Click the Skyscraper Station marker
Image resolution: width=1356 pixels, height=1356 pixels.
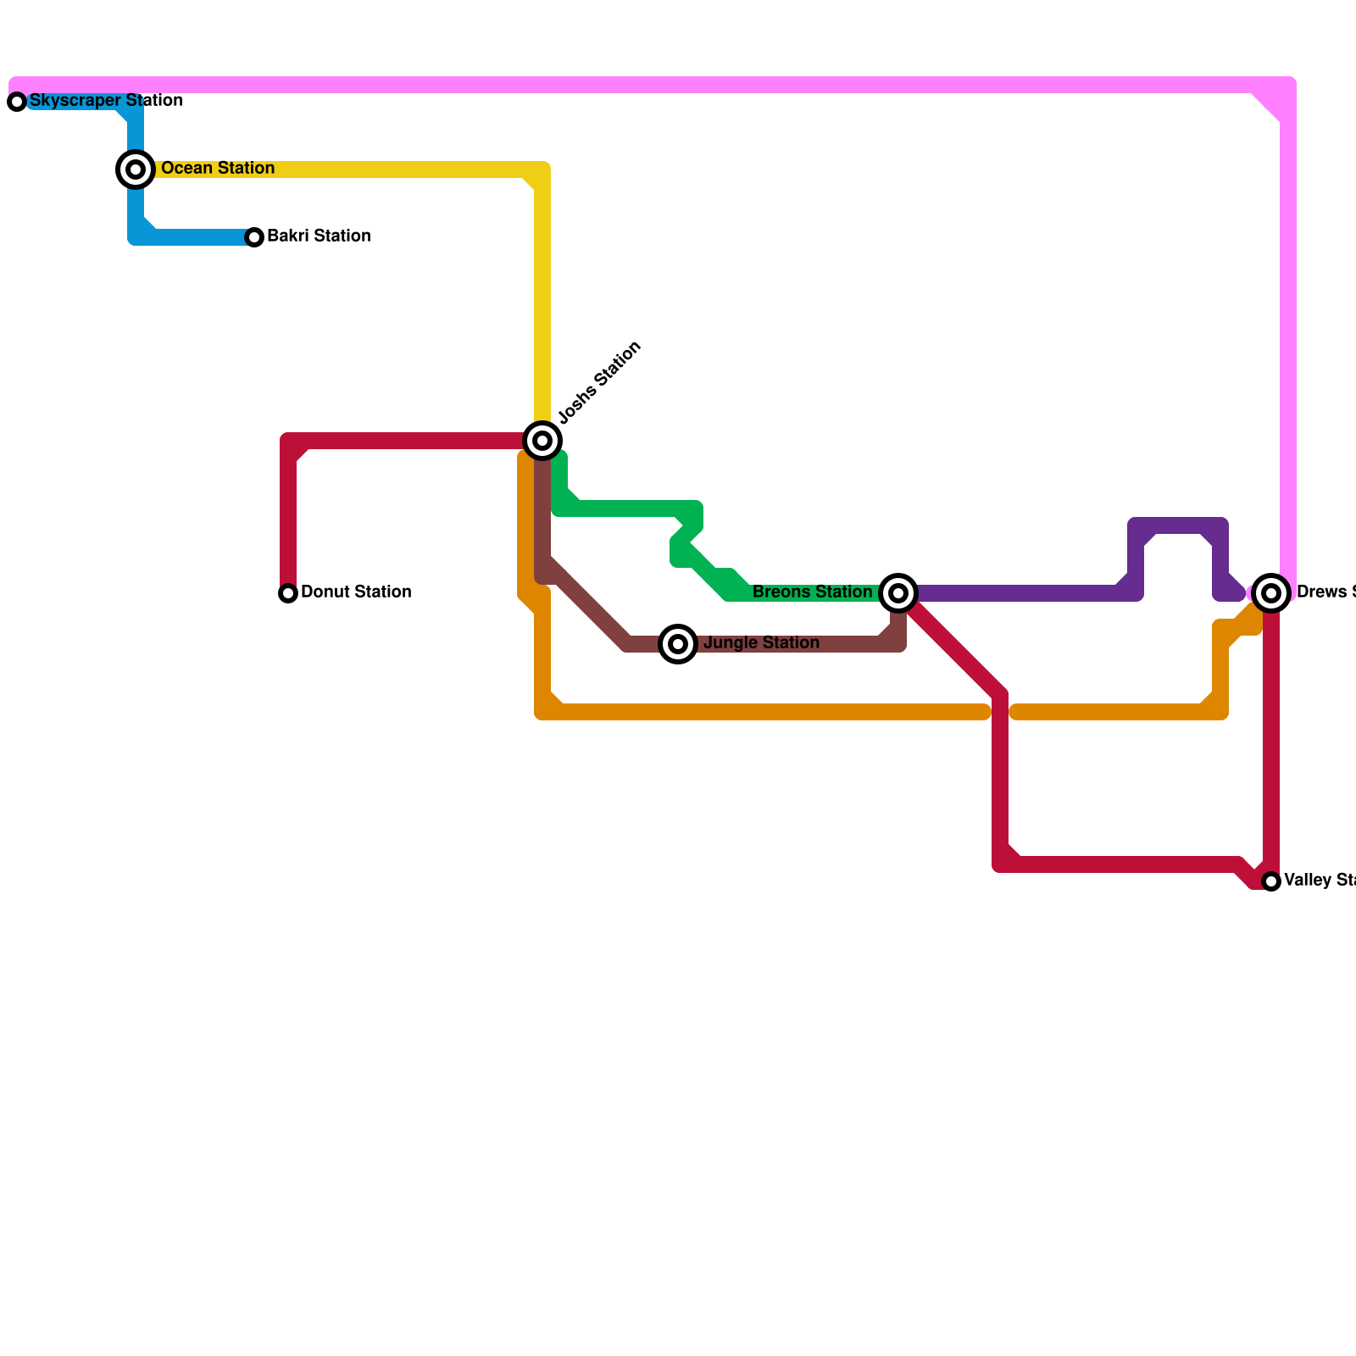[17, 102]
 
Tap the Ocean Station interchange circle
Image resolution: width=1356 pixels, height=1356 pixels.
[136, 169]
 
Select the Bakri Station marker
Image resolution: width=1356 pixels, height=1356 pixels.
[254, 237]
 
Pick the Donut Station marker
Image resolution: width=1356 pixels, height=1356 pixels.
[288, 593]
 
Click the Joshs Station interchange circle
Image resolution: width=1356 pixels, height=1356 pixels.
[542, 441]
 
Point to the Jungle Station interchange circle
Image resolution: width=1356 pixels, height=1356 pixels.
[678, 644]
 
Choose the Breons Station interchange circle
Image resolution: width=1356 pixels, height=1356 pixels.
[898, 593]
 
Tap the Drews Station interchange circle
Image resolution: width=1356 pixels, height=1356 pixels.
[1271, 593]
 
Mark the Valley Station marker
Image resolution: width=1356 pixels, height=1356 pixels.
[1271, 881]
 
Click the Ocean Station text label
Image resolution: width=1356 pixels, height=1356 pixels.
[218, 169]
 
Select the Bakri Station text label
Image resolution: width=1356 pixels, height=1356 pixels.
[319, 236]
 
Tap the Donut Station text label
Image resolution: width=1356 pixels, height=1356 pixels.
[356, 592]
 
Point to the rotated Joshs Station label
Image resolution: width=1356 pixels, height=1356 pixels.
[600, 382]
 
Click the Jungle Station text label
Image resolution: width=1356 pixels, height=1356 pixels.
[761, 643]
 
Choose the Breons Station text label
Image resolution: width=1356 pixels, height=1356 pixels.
[812, 592]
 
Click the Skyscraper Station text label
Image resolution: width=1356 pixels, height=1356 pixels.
[106, 101]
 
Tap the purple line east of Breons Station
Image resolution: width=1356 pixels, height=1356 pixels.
[1017, 593]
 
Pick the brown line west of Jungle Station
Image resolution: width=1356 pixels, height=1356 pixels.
[593, 610]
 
